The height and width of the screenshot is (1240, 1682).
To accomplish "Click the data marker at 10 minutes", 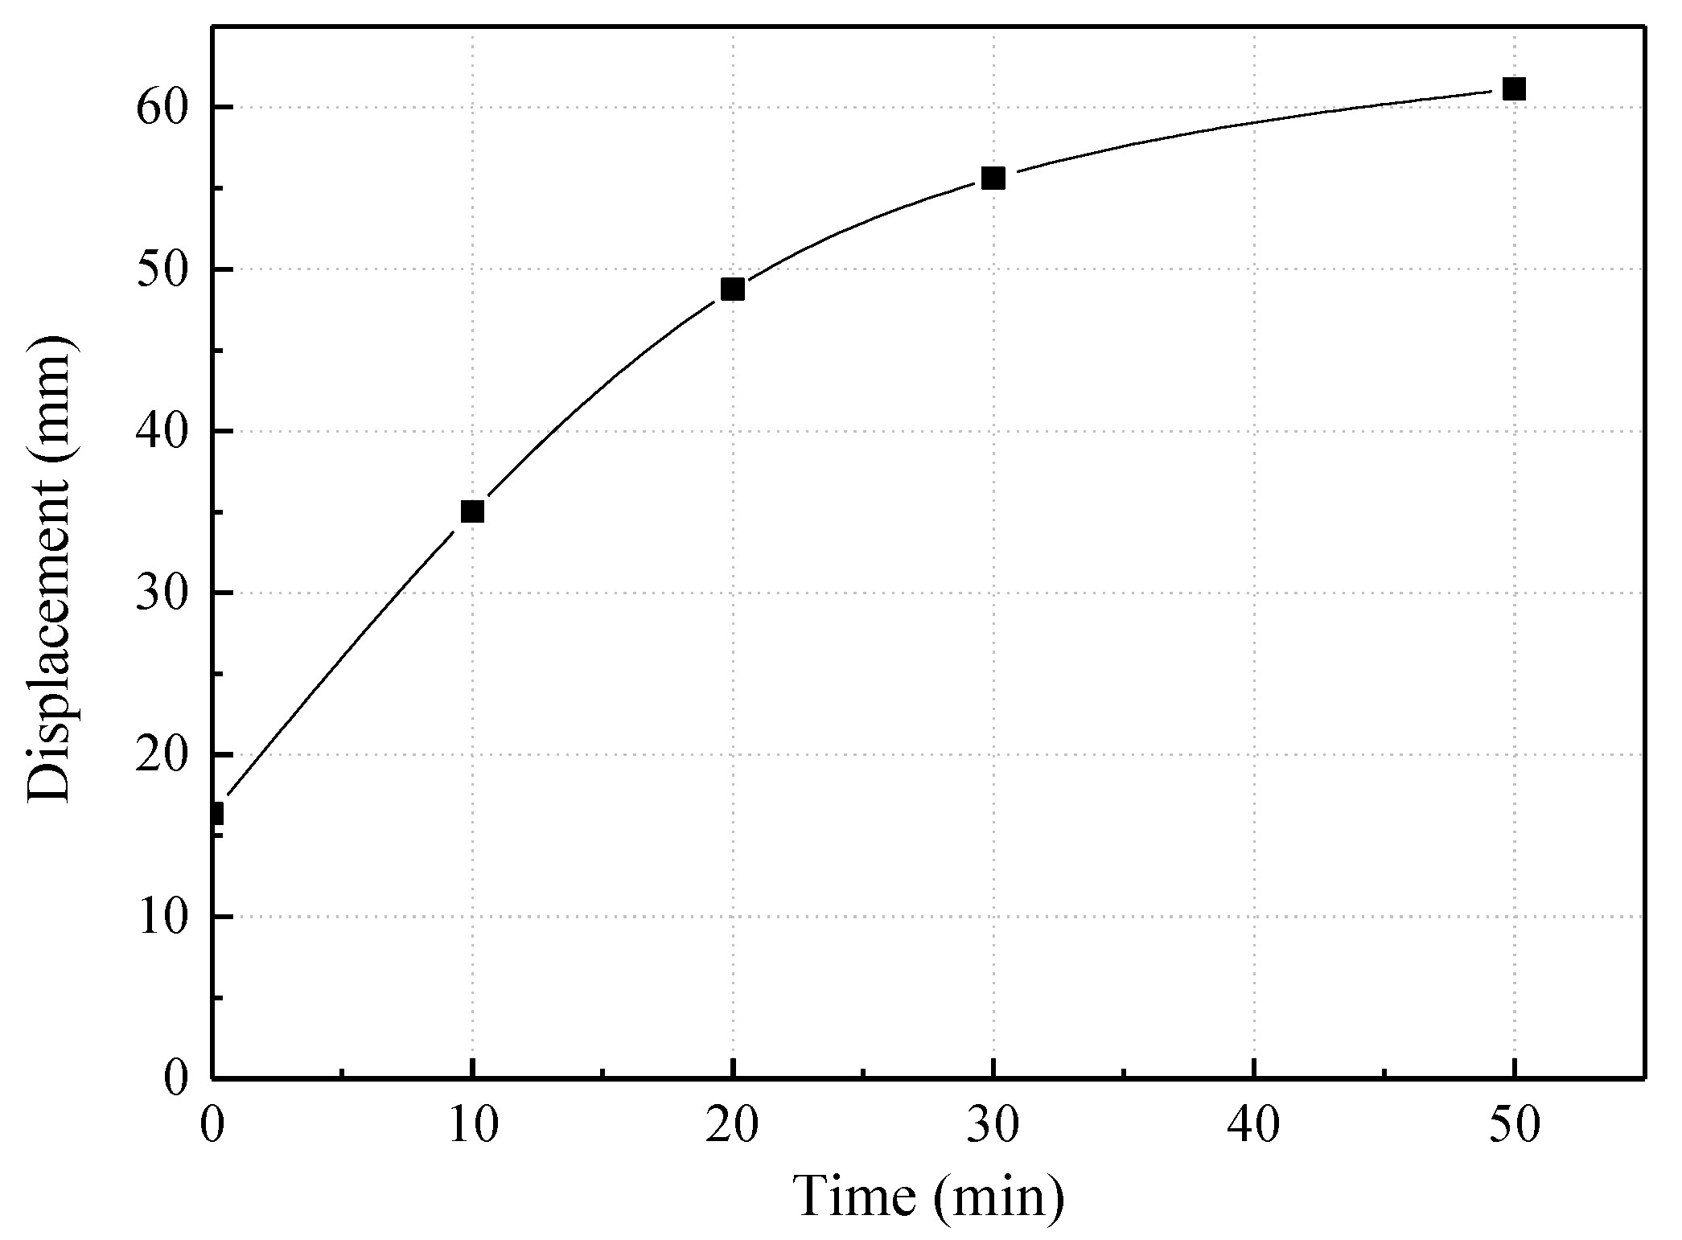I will pyautogui.click(x=472, y=511).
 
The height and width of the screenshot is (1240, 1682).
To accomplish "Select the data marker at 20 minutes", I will pyautogui.click(x=732, y=289).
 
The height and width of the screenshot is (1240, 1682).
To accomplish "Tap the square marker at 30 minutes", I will pyautogui.click(x=993, y=179).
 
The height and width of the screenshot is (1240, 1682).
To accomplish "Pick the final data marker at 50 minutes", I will pyautogui.click(x=1514, y=88).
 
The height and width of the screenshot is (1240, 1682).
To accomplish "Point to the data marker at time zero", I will pyautogui.click(x=216, y=814).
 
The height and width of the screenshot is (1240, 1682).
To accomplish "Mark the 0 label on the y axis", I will pyautogui.click(x=179, y=1078).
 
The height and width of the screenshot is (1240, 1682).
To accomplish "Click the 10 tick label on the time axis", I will pyautogui.click(x=472, y=1127).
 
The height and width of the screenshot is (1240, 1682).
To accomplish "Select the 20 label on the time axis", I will pyautogui.click(x=732, y=1127).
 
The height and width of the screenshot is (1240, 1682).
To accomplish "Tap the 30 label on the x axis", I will pyautogui.click(x=993, y=1127).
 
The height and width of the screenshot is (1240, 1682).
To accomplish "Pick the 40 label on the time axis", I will pyautogui.click(x=1254, y=1127).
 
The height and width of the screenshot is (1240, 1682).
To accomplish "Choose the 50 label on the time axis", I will pyautogui.click(x=1514, y=1127).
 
